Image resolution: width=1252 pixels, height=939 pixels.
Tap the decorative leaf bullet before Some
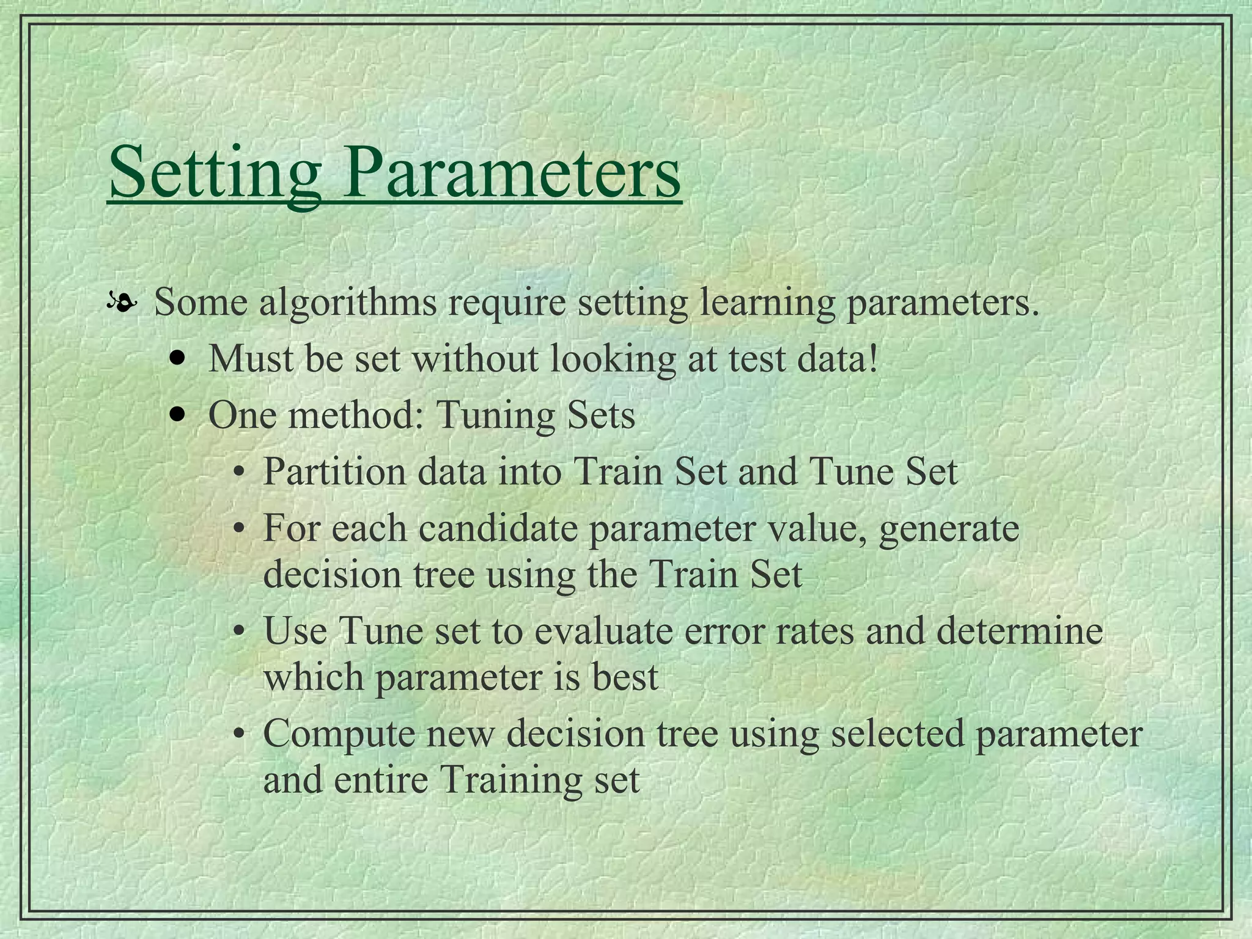(121, 303)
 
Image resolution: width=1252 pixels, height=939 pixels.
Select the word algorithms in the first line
(348, 303)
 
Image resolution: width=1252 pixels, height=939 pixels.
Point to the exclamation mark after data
(873, 359)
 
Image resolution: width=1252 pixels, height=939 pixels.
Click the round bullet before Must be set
(178, 359)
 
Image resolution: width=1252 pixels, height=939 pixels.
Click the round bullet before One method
(178, 416)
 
